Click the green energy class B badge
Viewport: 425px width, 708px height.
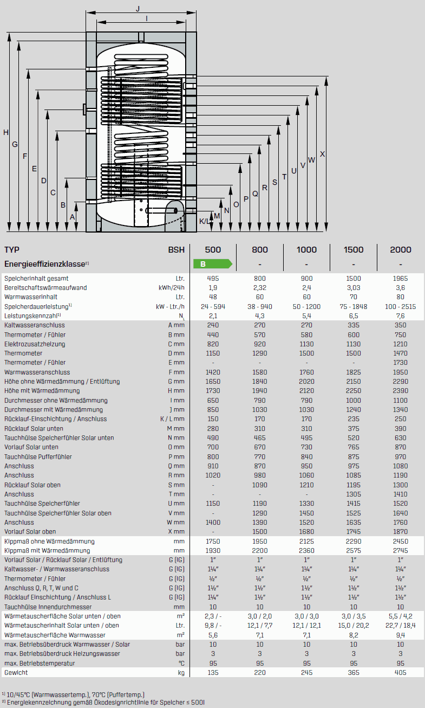212,264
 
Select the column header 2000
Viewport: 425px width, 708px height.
401,249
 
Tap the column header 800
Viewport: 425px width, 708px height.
260,249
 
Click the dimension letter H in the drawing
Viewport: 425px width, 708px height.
6,132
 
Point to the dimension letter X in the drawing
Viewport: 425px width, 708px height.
323,153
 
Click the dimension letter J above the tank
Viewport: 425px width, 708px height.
138,9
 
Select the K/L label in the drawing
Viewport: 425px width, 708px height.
205,221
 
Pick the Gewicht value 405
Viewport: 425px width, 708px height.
401,672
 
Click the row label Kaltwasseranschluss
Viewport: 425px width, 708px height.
34,325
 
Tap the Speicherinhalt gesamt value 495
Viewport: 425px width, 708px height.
213,278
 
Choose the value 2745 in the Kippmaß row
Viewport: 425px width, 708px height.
401,550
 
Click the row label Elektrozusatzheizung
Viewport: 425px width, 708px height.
35,344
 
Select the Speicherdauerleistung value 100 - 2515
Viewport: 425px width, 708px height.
401,306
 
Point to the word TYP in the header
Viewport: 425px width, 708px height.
12,249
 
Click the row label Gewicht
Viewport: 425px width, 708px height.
16,672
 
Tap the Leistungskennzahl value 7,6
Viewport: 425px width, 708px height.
401,316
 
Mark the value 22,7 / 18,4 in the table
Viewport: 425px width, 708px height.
401,625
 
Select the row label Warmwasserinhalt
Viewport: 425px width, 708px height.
31,297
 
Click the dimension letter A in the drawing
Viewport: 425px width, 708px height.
73,216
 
